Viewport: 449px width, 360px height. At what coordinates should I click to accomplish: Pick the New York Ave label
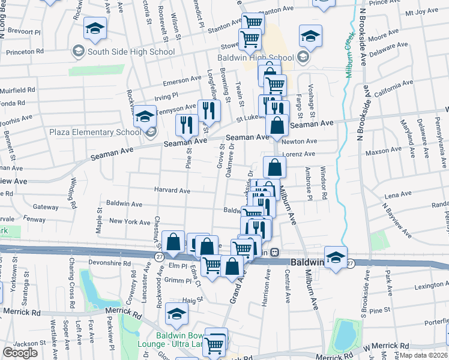tap(130, 221)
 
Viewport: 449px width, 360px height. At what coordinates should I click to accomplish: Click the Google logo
tap(20, 352)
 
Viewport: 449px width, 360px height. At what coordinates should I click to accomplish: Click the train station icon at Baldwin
tap(274, 252)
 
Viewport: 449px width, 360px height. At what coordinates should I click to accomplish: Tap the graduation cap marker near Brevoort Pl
tap(95, 29)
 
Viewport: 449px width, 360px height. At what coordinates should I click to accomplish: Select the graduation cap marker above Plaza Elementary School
tap(145, 115)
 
